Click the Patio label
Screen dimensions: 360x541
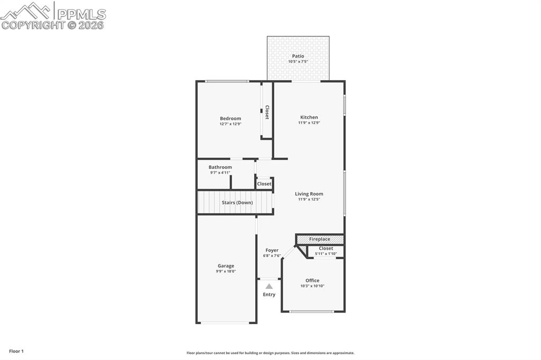[x=298, y=56]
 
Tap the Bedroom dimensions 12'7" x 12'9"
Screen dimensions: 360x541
[x=230, y=124]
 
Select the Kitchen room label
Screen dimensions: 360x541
[x=309, y=117]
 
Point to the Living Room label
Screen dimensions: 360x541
[x=309, y=194]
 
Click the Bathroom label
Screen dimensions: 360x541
[x=220, y=167]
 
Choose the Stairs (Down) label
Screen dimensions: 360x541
[x=237, y=203]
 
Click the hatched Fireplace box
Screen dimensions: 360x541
[x=320, y=239]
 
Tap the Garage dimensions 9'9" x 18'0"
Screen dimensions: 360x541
[x=226, y=271]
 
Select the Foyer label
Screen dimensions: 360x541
[x=272, y=250]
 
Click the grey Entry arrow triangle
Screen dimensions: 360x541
[x=269, y=286]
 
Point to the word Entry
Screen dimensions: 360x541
[x=269, y=295]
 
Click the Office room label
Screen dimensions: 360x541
[x=312, y=280]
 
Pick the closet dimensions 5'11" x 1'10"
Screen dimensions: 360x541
[x=326, y=254]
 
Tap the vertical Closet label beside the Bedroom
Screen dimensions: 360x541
[x=267, y=112]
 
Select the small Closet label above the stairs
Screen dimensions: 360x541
[x=264, y=184]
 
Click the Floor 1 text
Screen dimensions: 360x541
[x=16, y=351]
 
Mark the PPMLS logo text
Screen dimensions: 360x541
[x=80, y=14]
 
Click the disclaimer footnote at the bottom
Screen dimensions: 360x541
[x=270, y=353]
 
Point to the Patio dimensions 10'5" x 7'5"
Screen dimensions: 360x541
[x=298, y=62]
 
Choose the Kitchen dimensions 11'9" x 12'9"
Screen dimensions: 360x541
[x=309, y=123]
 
